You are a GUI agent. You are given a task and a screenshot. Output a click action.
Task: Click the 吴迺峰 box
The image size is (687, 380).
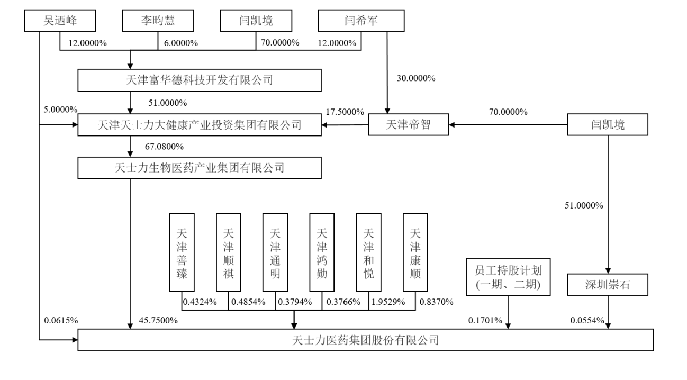pos(60,21)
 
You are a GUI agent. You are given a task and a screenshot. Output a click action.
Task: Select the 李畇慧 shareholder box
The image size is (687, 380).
pos(158,21)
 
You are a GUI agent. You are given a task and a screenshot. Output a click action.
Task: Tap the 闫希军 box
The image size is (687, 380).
pos(361,21)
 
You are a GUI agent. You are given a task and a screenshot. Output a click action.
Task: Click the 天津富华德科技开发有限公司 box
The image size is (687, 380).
pos(200,80)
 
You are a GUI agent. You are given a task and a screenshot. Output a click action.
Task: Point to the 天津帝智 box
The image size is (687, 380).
pos(408,125)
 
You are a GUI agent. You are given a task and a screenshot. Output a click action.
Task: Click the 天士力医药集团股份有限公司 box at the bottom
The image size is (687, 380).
pos(366,339)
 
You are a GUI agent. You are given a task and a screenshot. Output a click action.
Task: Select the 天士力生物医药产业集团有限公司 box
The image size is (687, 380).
pos(200,168)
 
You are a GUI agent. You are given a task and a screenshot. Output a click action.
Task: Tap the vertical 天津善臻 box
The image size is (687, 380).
pos(182,252)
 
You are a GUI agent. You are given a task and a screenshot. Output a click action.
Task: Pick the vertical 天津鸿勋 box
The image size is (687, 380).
pos(322,252)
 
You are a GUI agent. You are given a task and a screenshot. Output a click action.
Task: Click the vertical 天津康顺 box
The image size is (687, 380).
pos(415,252)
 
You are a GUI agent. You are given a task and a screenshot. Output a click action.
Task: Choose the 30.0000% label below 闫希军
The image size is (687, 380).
pos(415,78)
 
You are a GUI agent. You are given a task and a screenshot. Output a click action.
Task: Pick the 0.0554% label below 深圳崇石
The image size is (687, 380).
pos(587,320)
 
